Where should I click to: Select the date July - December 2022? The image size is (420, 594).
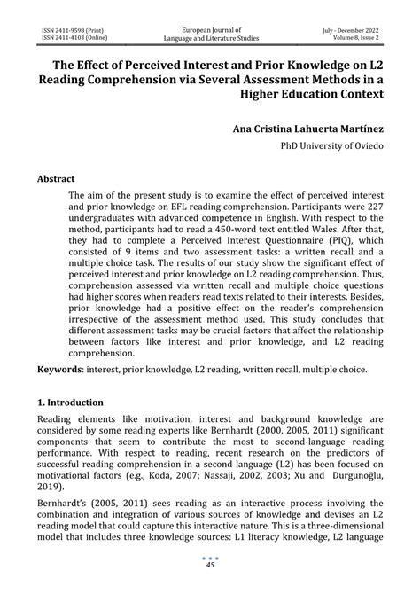click(351, 29)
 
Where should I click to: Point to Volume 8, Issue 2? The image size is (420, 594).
click(355, 38)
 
